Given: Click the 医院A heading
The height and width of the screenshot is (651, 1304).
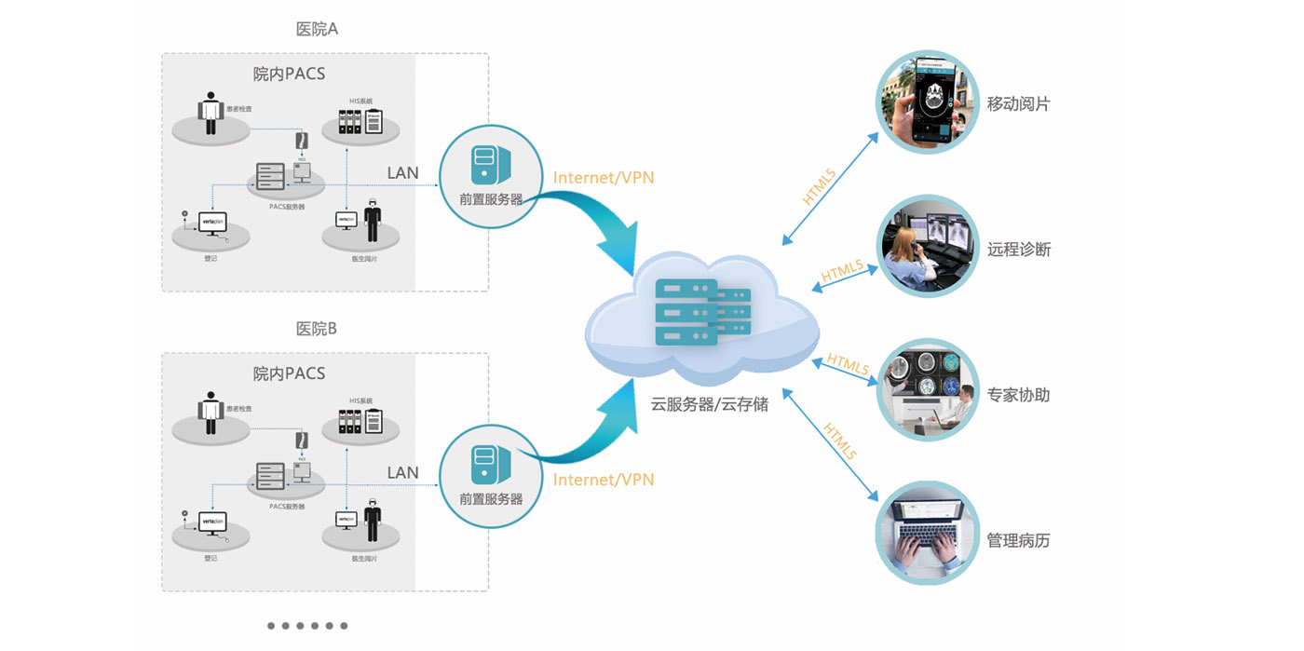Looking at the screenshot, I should [x=317, y=29].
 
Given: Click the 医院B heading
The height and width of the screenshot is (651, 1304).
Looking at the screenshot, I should [x=317, y=329].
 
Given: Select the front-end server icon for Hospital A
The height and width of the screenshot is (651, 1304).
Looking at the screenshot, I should [x=490, y=165].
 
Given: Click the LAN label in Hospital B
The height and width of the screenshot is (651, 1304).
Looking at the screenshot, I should [x=402, y=472].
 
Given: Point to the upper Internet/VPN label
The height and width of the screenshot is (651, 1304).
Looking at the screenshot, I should [x=604, y=178].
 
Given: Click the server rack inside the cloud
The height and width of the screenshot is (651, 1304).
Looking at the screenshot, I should [x=699, y=313].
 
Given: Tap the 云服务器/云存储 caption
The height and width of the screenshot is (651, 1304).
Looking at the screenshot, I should [x=709, y=404].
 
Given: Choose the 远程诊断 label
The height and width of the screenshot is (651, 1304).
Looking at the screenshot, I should [x=1019, y=250].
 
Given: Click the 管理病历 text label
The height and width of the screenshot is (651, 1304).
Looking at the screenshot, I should [x=1019, y=540].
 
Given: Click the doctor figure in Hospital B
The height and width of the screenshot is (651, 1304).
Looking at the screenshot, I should [x=373, y=517].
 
